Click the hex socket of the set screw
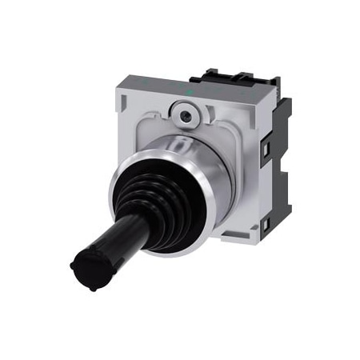pyautogui.click(x=186, y=117)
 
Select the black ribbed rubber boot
pyautogui.click(x=148, y=204)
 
